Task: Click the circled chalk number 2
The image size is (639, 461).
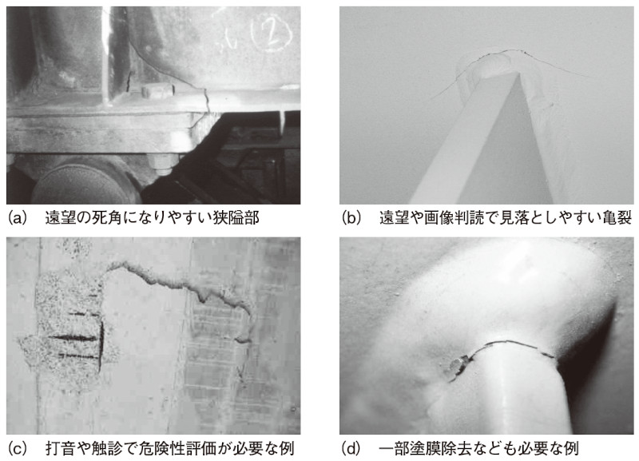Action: (272, 33)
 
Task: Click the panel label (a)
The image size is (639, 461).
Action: (17, 218)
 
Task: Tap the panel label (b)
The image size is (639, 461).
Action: (351, 218)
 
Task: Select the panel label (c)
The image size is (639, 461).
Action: (17, 448)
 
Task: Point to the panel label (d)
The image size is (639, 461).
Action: (351, 448)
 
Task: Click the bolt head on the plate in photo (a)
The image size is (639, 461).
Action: (157, 90)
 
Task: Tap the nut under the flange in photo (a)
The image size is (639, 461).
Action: (164, 163)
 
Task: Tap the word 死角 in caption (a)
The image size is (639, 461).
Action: (107, 218)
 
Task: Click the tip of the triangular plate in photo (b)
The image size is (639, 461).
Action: (518, 73)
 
